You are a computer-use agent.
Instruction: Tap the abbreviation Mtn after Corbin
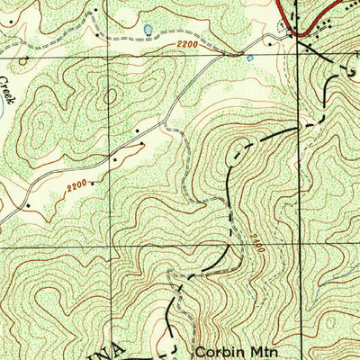click(255, 345)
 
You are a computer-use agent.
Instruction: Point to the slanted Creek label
click(6, 90)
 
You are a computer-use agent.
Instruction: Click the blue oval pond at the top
click(147, 30)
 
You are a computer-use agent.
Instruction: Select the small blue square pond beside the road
click(249, 58)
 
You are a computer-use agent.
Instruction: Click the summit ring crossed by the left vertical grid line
click(112, 94)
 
